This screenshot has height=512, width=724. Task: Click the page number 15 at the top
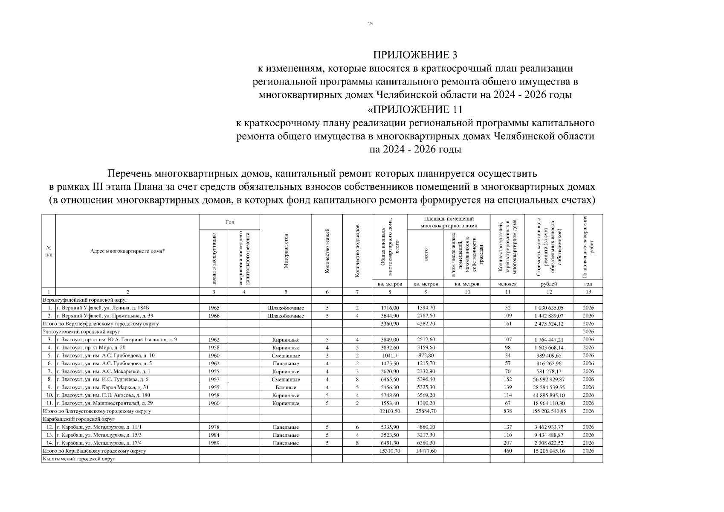pos(370,24)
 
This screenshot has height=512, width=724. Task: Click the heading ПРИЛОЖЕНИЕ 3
pos(415,55)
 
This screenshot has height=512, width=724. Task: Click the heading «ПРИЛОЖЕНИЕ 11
pos(415,110)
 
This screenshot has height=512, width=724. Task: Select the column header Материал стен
pos(286,251)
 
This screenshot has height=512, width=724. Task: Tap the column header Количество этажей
pos(327,251)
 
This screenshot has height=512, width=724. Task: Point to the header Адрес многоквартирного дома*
pos(128,251)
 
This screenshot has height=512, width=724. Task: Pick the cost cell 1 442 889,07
pos(549,316)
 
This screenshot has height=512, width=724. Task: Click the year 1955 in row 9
pos(214,387)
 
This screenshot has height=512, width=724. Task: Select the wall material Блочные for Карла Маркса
pos(286,387)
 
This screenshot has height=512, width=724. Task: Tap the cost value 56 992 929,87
pos(549,379)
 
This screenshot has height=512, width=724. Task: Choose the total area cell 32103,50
pos(390,411)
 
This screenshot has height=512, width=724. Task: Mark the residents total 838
pos(507,411)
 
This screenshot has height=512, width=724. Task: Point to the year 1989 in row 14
pos(214,443)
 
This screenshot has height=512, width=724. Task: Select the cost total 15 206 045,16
pos(549,451)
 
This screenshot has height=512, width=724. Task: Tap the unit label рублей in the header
pos(549,284)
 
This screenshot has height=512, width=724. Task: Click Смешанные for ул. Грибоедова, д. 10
pos(286,356)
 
